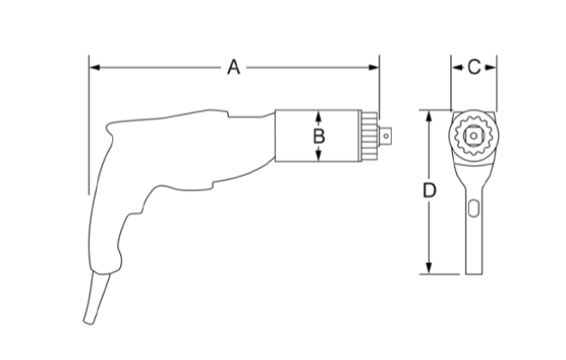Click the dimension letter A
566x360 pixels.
[x=233, y=67]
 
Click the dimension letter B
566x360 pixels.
[x=318, y=135]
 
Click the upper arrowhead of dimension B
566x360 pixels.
[x=318, y=115]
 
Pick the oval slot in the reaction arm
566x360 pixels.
[x=474, y=207]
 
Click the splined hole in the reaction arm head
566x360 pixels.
[x=473, y=135]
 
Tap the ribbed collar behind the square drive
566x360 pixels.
[x=370, y=135]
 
